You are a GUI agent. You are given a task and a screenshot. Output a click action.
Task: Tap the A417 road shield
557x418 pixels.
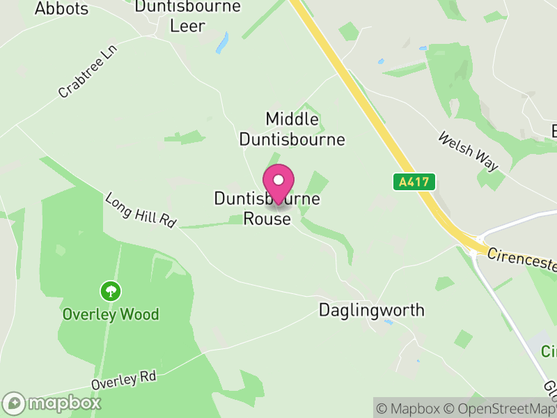414,183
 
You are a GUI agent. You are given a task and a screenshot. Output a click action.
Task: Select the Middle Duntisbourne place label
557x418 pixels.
292,129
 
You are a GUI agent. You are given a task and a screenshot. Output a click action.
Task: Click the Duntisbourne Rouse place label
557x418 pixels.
267,209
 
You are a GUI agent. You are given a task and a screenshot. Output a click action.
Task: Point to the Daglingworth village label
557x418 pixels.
371,310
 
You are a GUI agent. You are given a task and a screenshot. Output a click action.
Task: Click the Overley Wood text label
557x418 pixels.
111,314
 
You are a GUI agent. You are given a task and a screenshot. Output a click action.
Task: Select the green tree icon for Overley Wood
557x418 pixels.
110,291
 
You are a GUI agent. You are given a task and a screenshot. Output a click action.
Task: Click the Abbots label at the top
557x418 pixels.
61,9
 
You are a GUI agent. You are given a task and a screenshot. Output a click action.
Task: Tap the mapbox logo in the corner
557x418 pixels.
52,403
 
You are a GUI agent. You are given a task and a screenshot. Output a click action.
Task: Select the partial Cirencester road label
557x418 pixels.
522,260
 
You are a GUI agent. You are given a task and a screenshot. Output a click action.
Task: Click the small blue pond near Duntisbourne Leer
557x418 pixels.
222,45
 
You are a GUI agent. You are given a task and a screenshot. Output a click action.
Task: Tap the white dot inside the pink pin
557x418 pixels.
278,180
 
